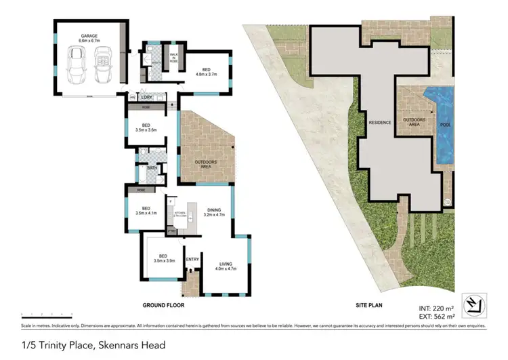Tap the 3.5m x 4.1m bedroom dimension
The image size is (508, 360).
tap(146, 213)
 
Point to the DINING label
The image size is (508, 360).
tap(214, 209)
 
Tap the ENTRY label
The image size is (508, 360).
tap(192, 259)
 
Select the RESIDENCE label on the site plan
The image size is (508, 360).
tap(379, 123)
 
